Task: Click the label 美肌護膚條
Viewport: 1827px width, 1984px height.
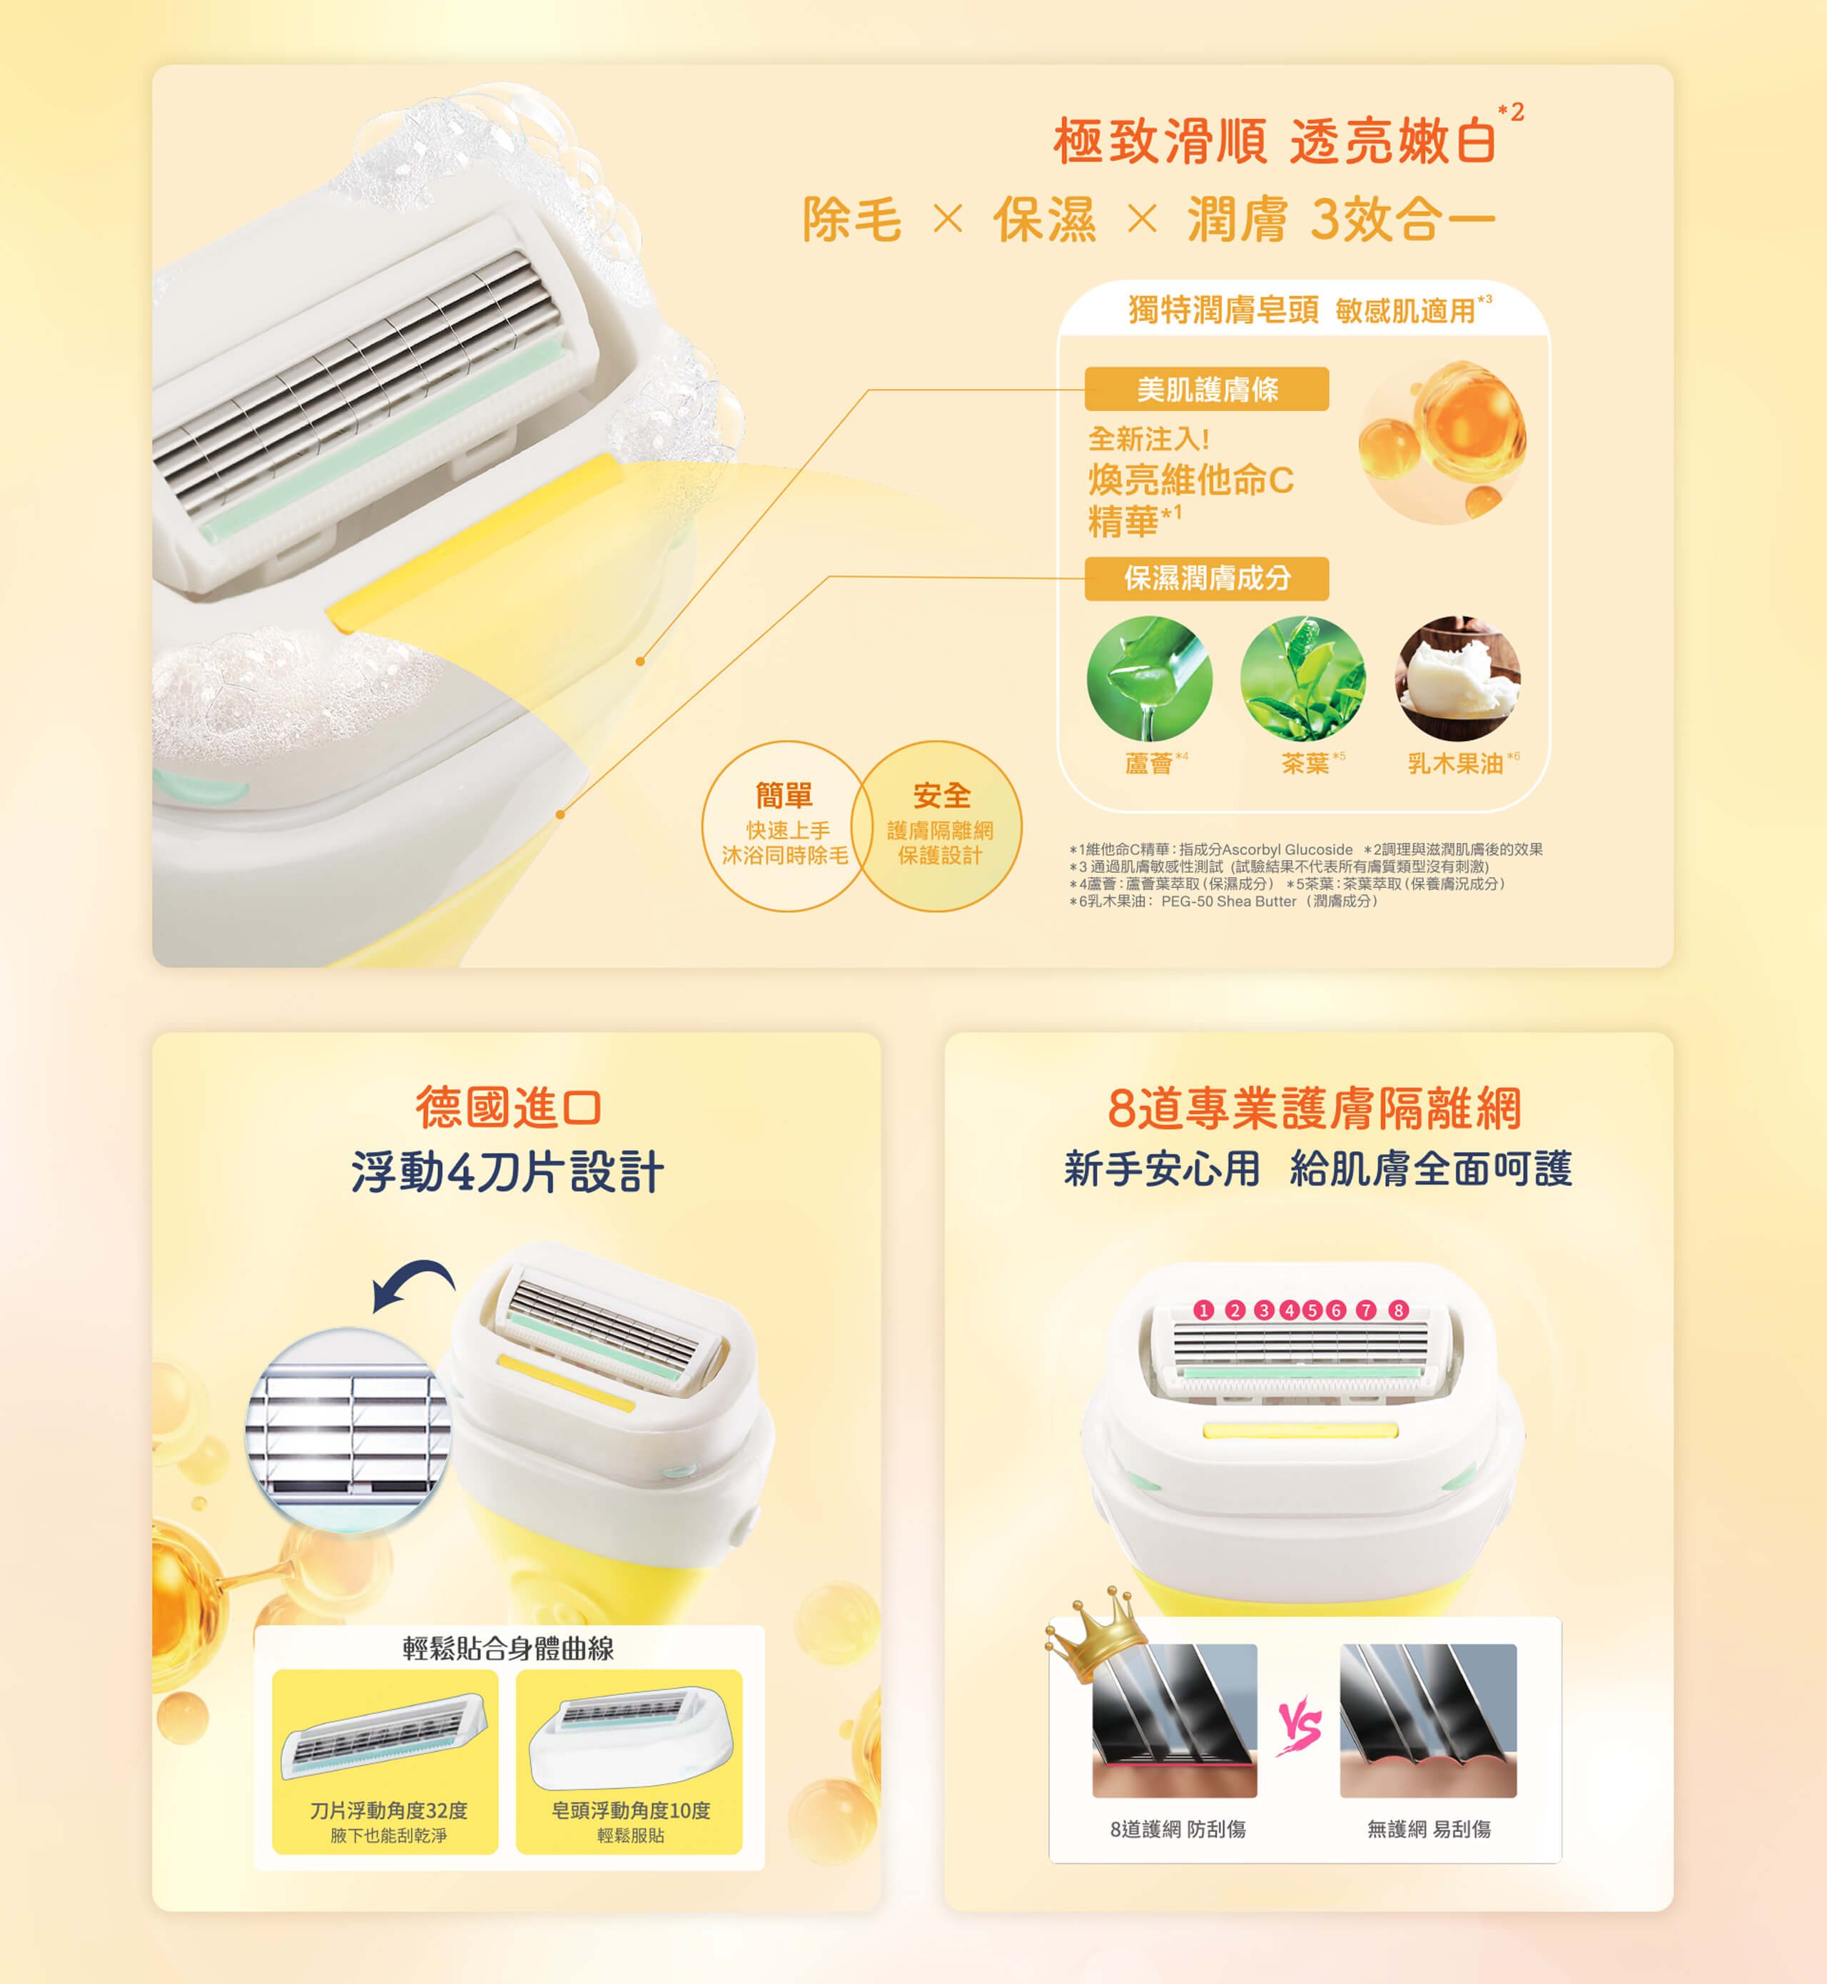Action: pos(1206,388)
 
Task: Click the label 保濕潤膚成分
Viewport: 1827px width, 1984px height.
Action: pos(1206,578)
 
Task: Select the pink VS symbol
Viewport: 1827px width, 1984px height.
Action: pos(1298,1726)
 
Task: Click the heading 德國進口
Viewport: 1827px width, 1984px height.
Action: pos(508,1107)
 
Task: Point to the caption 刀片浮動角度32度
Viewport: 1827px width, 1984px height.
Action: pos(388,1810)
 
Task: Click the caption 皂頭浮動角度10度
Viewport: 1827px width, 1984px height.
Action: pos(631,1810)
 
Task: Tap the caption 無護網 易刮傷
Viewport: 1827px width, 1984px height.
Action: pos(1429,1829)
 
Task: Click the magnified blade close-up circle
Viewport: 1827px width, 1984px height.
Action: pos(348,1429)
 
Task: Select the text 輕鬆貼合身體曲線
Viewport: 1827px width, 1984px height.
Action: pos(508,1648)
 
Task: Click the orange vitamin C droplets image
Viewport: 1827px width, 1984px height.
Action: pos(1442,441)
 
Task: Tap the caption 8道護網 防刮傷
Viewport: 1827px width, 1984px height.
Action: pos(1178,1829)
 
